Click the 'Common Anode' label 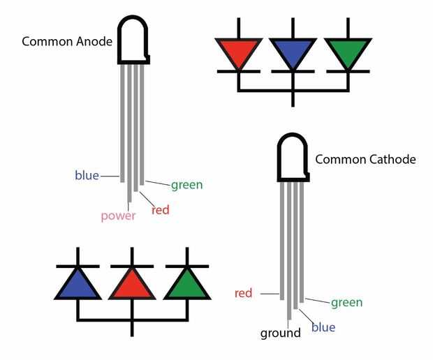click(x=67, y=40)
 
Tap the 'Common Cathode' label click(x=365, y=159)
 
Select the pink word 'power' click(x=117, y=215)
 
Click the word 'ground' click(x=280, y=333)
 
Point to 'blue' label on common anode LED click(x=87, y=175)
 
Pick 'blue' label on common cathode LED click(x=323, y=327)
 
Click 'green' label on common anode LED click(x=186, y=185)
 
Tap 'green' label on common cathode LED click(x=346, y=302)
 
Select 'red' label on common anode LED click(x=161, y=209)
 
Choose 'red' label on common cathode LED click(x=243, y=293)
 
